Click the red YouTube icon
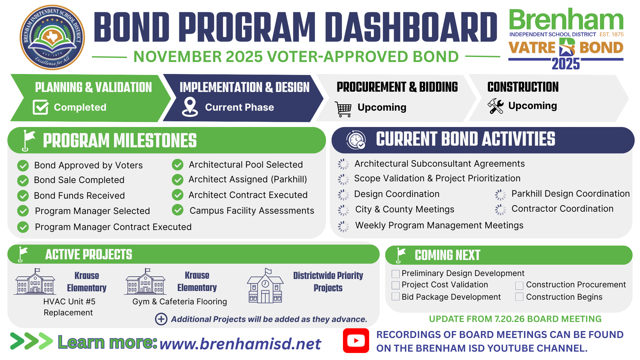(356, 340)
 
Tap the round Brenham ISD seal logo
(52, 37)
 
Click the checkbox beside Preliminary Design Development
(396, 274)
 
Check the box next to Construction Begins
(519, 297)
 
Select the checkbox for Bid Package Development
(396, 296)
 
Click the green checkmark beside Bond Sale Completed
(23, 180)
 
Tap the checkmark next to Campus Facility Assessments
(178, 210)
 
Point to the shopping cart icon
(343, 109)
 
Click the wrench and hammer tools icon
(496, 106)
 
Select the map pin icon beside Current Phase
(190, 107)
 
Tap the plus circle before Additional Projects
(161, 319)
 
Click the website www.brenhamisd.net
(240, 344)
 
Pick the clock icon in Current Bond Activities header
(356, 140)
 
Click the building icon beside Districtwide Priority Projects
(266, 286)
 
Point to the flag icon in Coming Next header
(400, 255)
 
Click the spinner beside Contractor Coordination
(500, 209)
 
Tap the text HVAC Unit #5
(69, 301)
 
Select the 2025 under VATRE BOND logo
(566, 63)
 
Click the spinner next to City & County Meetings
(343, 210)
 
